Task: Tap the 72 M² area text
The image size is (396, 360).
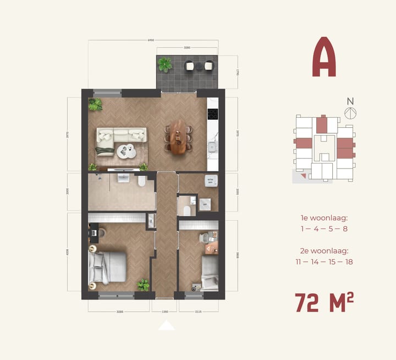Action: pyautogui.click(x=324, y=303)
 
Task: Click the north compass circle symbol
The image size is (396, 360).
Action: pyautogui.click(x=350, y=112)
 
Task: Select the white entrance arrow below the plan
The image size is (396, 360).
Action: pyautogui.click(x=167, y=325)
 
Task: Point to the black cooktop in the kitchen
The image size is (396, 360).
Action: pyautogui.click(x=213, y=114)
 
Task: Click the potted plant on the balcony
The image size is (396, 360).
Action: pyautogui.click(x=165, y=65)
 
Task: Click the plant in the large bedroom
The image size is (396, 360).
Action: pyautogui.click(x=143, y=285)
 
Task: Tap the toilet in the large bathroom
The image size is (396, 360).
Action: pyautogui.click(x=142, y=181)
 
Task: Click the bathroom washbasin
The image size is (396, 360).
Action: pyautogui.click(x=121, y=177)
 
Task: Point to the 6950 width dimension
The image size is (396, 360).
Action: pyautogui.click(x=151, y=40)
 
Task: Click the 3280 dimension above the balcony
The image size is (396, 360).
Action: pyautogui.click(x=187, y=48)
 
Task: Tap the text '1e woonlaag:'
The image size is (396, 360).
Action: pyautogui.click(x=324, y=218)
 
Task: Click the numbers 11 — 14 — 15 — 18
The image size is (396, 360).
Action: pyautogui.click(x=324, y=261)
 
